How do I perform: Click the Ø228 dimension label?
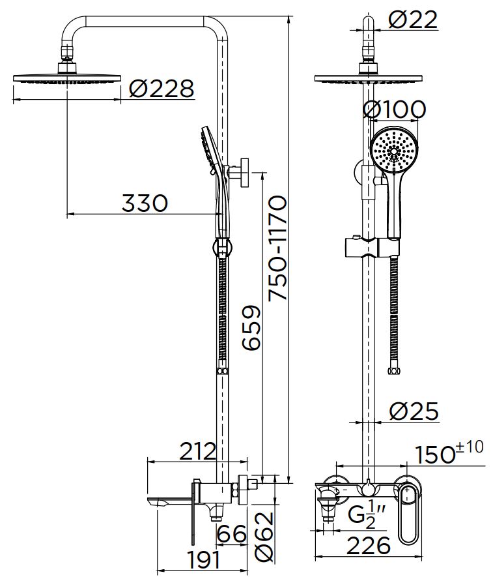point(161,88)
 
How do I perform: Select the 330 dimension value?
point(145,203)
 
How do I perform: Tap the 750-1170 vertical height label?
point(279,248)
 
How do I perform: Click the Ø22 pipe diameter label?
point(413,20)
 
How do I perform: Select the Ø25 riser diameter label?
point(414,411)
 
